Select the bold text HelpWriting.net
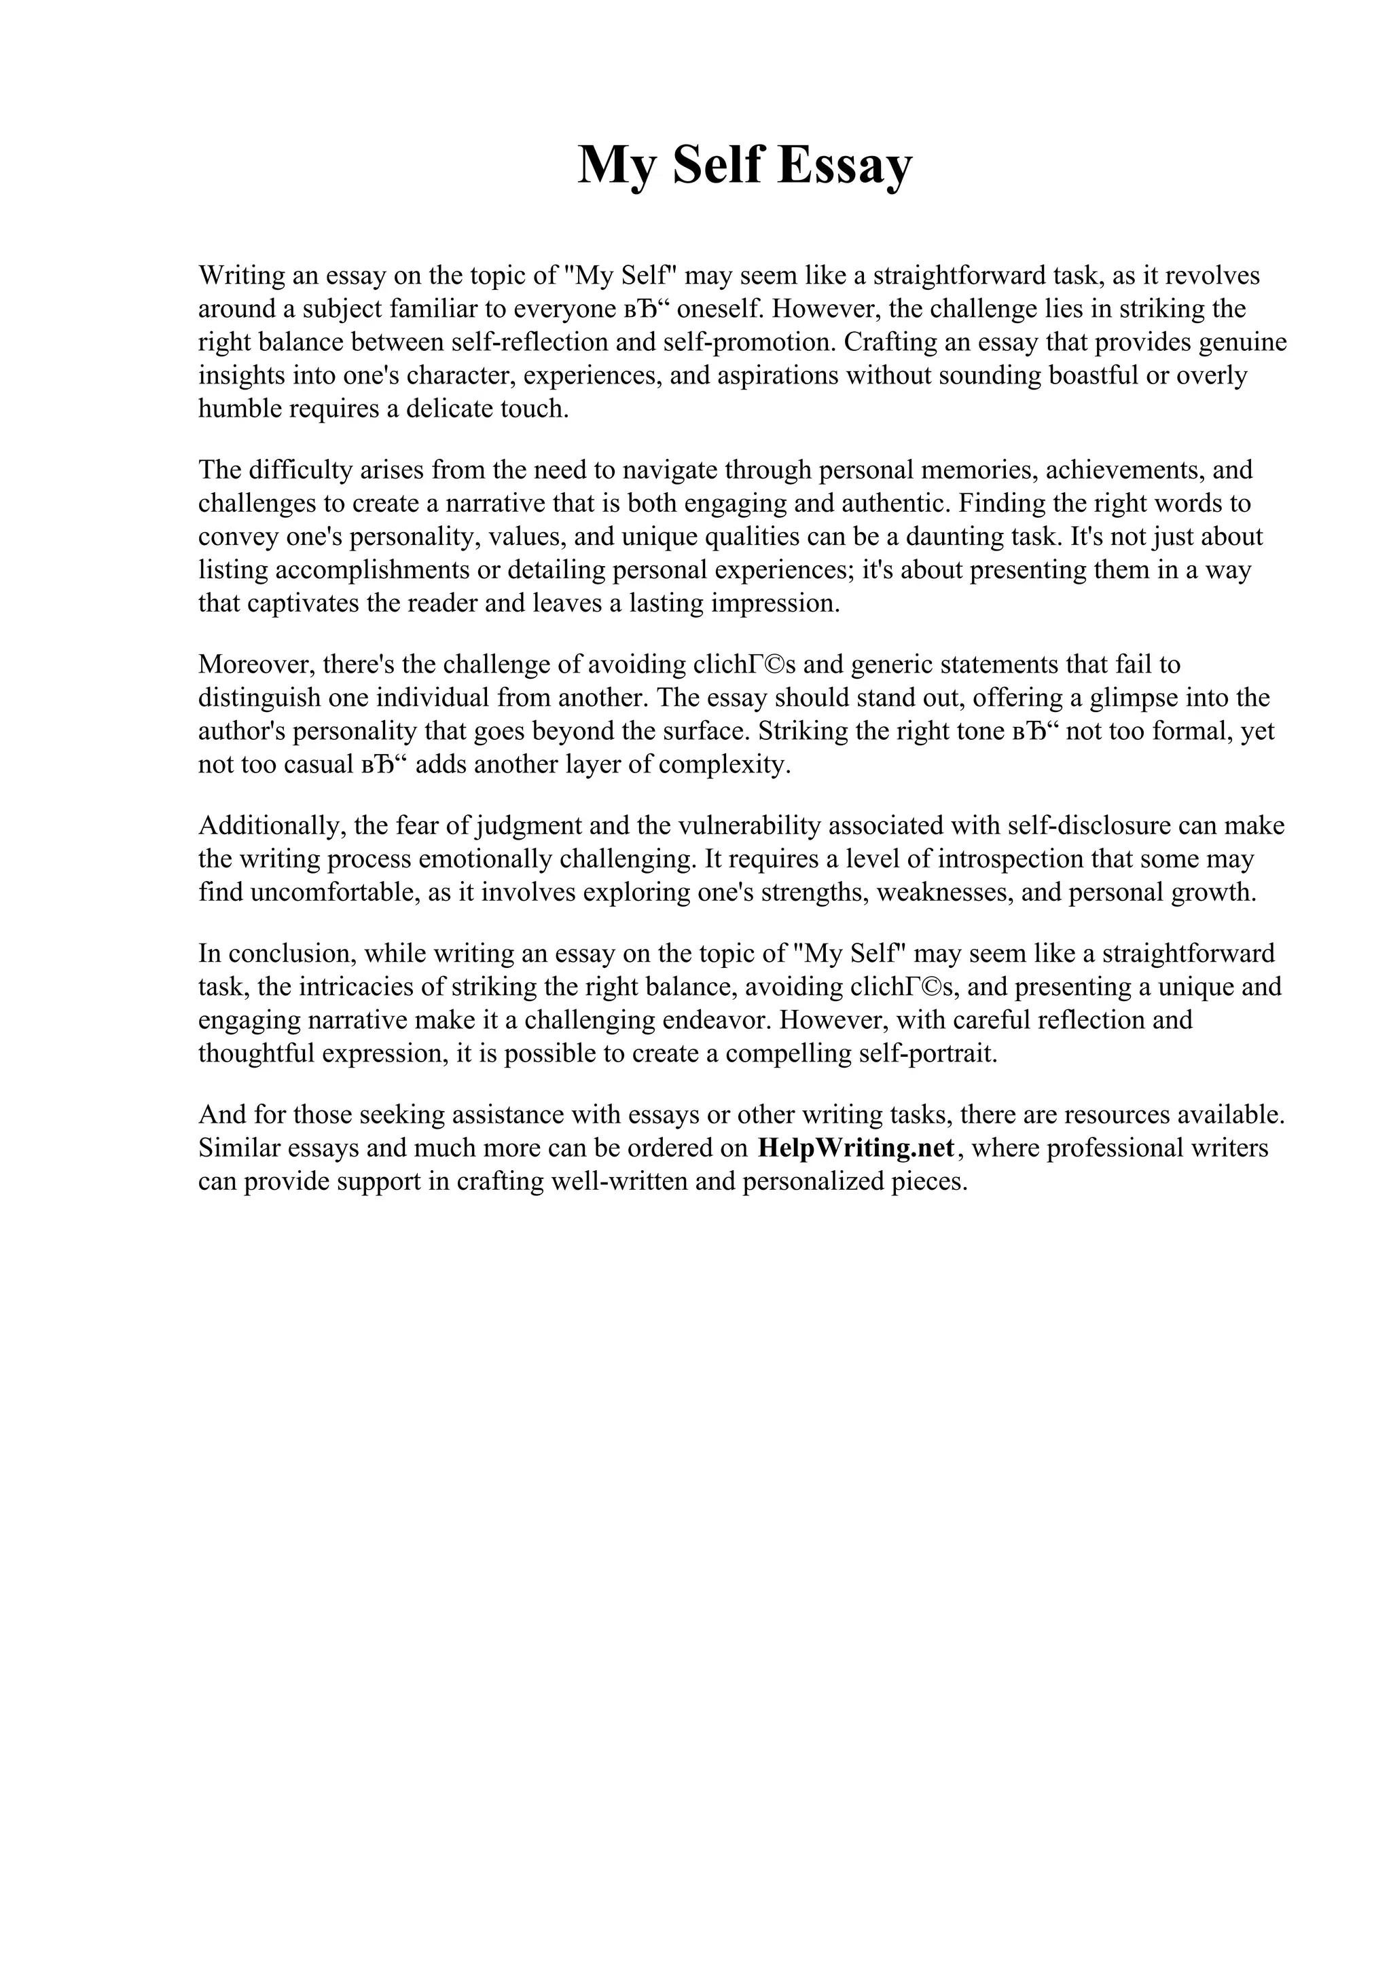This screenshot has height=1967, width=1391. (x=855, y=1148)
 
